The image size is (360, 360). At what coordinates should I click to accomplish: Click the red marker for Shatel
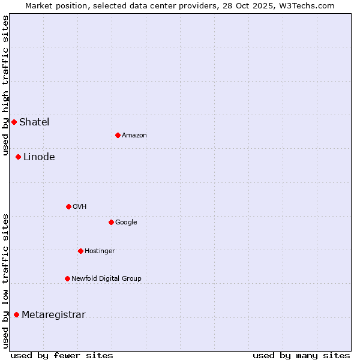[14, 122]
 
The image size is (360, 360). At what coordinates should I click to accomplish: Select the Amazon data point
[118, 135]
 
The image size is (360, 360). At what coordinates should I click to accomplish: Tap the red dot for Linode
[18, 157]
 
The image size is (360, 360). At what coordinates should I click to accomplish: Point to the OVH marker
[68, 206]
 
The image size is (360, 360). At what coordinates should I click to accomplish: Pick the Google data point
[111, 222]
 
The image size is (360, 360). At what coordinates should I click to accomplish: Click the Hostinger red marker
[80, 251]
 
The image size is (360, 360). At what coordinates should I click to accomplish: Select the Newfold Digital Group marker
[67, 278]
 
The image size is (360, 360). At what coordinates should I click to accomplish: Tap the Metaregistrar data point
[16, 314]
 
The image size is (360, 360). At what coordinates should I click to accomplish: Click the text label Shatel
[34, 122]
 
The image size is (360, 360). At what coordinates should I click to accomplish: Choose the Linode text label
[39, 157]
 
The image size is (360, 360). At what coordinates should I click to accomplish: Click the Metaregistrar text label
[53, 314]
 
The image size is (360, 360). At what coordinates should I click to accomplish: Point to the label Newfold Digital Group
[106, 278]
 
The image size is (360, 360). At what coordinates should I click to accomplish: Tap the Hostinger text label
[100, 251]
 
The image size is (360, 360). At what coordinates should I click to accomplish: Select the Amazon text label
[134, 135]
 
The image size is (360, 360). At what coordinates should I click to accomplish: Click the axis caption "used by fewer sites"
[62, 355]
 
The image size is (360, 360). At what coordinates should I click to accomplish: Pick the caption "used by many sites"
[301, 355]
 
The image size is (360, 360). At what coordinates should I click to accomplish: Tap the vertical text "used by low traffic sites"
[5, 280]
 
